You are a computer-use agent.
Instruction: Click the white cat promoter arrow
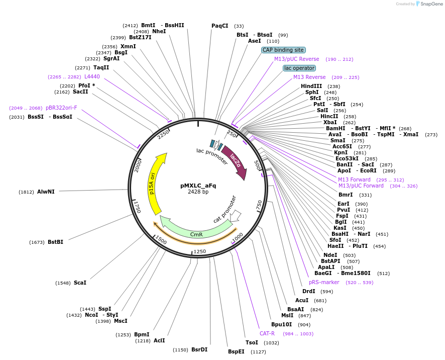pos(234,216)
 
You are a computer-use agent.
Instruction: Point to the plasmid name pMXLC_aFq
pos(198,185)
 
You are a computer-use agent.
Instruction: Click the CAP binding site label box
pos(283,50)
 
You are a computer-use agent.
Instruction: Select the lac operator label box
pos(299,68)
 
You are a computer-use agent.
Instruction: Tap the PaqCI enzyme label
pos(220,26)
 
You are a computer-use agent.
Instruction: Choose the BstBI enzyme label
pos(55,242)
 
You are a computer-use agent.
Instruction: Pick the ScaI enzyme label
pos(80,283)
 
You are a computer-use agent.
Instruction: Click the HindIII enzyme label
pos(311,86)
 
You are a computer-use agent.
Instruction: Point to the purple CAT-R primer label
pos(267,333)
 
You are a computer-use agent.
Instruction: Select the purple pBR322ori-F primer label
pos(61,108)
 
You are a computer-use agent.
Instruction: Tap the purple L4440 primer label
pos(92,76)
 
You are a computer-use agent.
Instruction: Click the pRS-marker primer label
pos(324,282)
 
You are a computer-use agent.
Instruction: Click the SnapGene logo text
pos(428,4)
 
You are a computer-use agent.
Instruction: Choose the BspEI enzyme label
pos(236,351)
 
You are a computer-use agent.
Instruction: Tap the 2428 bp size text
pos(198,192)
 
